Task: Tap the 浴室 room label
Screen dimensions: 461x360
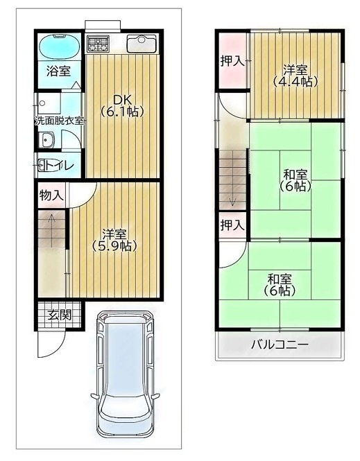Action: pyautogui.click(x=58, y=71)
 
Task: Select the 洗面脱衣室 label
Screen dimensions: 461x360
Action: pyautogui.click(x=60, y=120)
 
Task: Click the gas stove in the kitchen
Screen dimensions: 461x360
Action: pyautogui.click(x=98, y=44)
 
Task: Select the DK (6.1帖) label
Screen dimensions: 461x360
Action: pyautogui.click(x=121, y=104)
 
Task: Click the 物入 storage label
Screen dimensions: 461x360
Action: pyautogui.click(x=51, y=195)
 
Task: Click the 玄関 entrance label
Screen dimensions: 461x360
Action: pyautogui.click(x=59, y=315)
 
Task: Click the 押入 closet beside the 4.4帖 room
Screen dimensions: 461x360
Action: pyautogui.click(x=232, y=61)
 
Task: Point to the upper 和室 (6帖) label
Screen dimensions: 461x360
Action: pyautogui.click(x=295, y=180)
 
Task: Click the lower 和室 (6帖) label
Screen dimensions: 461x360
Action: pyautogui.click(x=280, y=285)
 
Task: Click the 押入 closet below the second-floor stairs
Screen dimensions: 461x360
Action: pyautogui.click(x=232, y=225)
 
